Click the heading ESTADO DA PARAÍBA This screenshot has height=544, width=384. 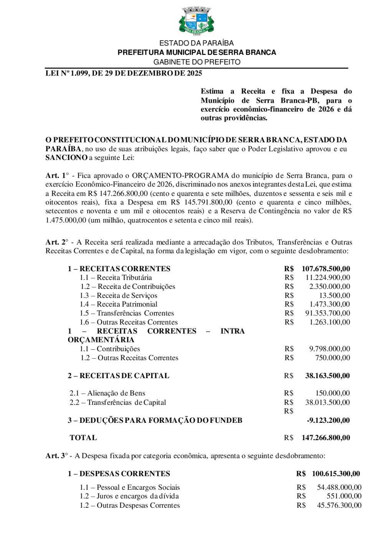197,43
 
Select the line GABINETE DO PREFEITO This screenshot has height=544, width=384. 197,62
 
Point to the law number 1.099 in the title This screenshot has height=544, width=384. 79,73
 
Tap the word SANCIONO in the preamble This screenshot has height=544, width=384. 66,158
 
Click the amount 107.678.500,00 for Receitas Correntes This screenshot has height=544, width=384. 326,269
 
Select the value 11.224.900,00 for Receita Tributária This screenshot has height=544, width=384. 328,278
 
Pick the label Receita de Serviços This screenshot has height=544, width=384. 127,295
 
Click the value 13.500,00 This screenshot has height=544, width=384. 334,295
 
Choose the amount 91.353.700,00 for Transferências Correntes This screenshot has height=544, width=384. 328,313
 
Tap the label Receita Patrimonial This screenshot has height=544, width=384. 127,304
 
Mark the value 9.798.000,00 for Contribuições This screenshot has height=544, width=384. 329,349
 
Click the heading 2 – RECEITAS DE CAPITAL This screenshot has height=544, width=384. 119,376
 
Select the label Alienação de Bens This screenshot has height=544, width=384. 116,393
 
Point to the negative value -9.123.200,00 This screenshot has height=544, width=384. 328,421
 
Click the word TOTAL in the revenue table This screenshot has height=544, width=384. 83,438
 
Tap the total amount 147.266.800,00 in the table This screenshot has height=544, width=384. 326,438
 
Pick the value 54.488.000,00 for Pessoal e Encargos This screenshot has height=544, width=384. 339,487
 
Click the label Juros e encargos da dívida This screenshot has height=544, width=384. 137,496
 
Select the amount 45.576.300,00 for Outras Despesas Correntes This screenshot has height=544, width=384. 339,506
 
